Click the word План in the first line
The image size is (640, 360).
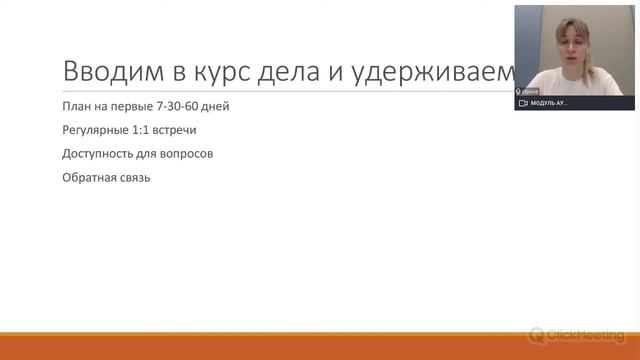coord(75,107)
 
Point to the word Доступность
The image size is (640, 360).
coord(99,154)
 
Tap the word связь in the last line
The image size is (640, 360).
coord(135,178)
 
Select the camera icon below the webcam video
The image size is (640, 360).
coord(522,103)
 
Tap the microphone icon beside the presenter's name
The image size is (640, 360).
coord(519,92)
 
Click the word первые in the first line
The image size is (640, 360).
coord(132,107)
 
